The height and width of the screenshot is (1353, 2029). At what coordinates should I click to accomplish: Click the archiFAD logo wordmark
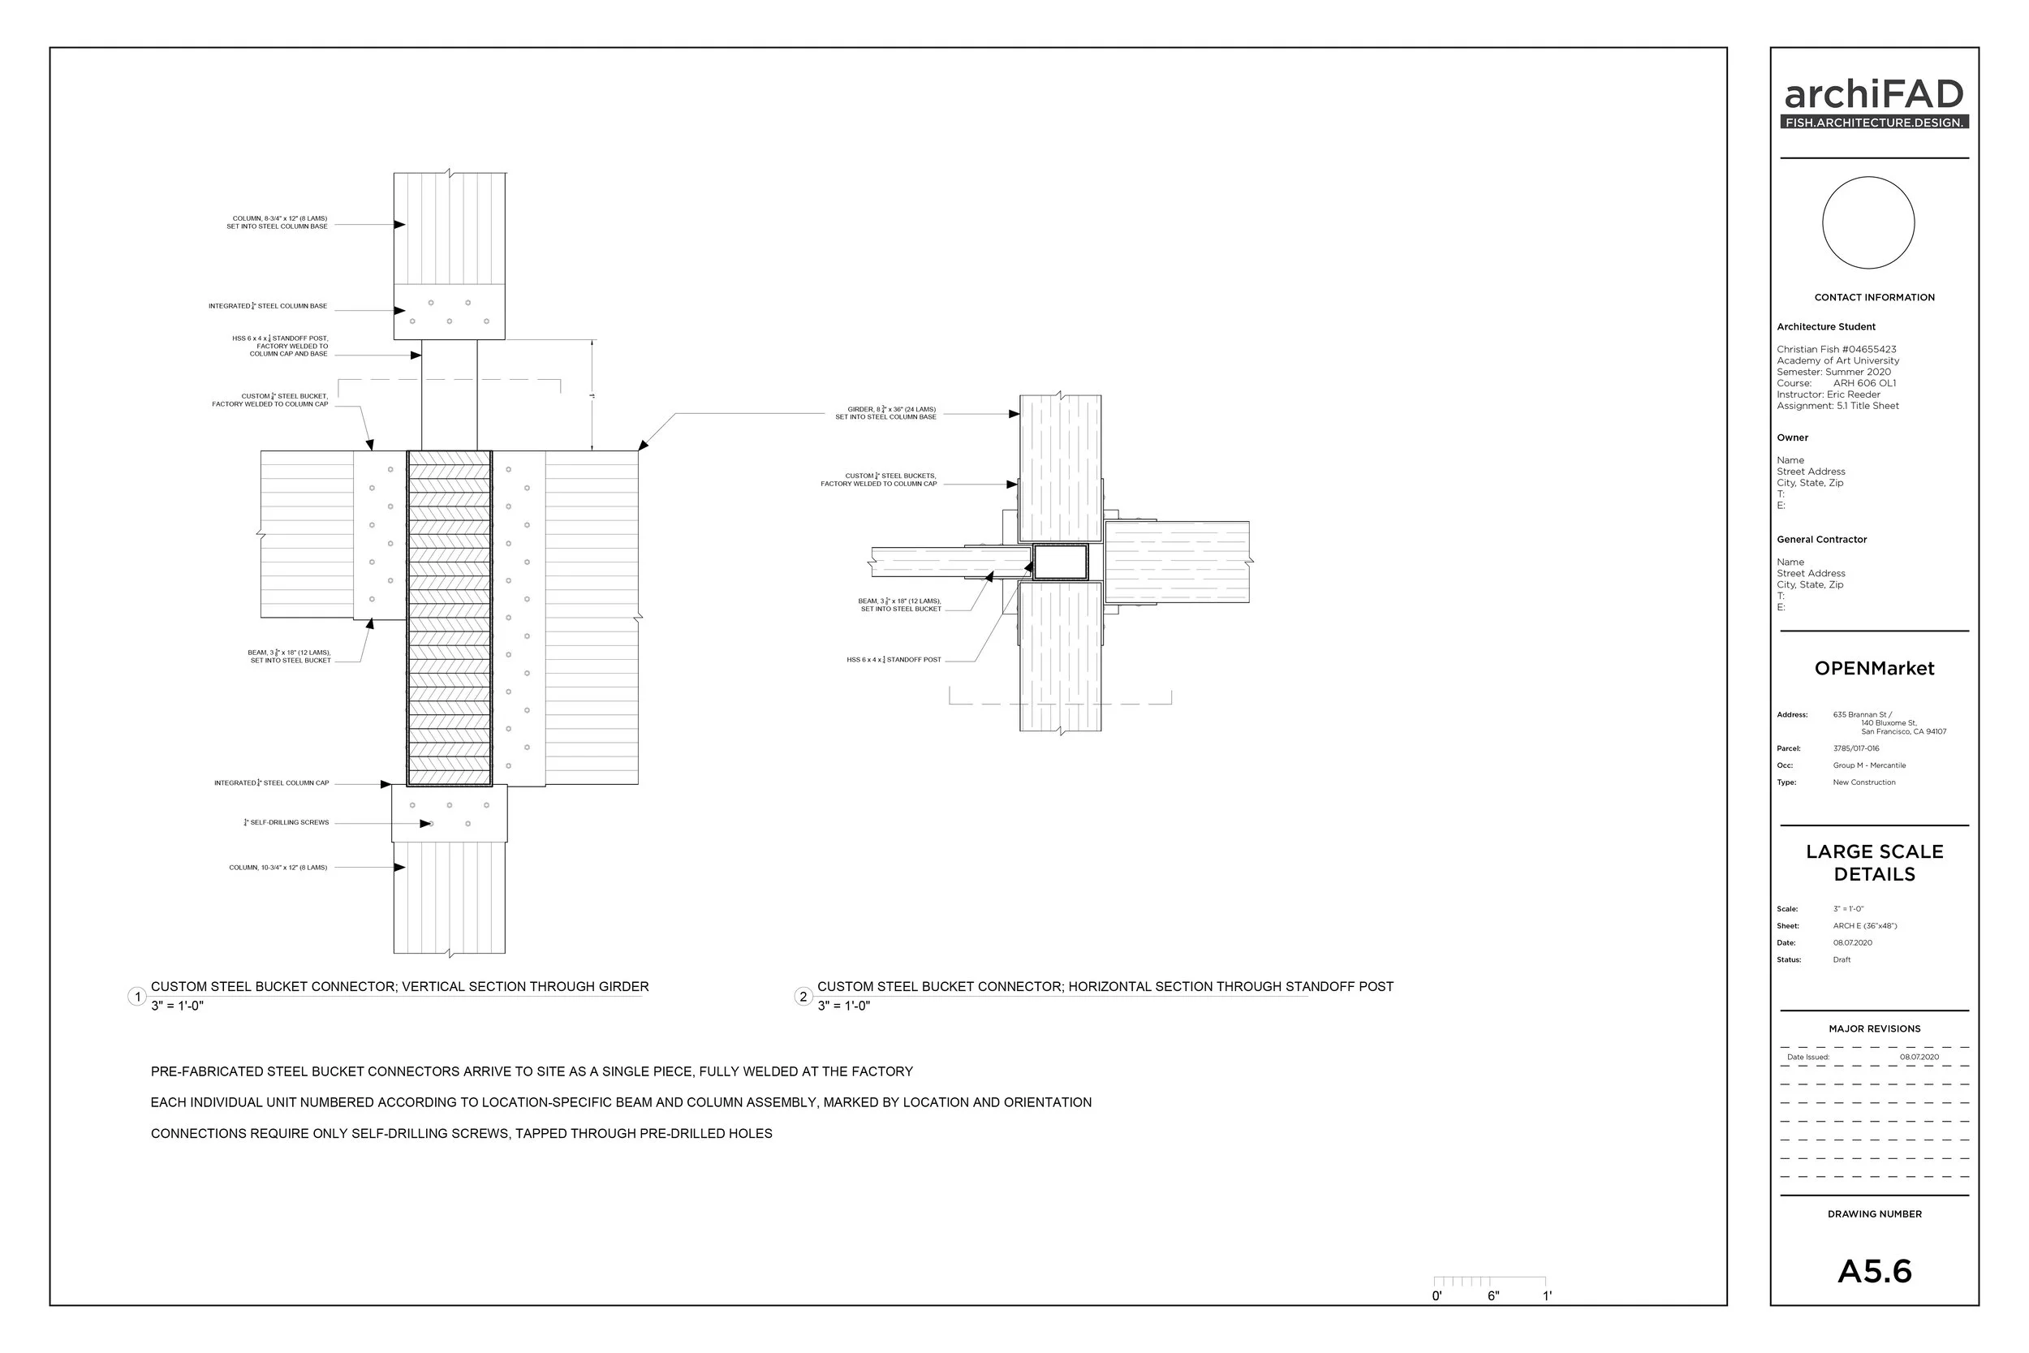coord(1874,95)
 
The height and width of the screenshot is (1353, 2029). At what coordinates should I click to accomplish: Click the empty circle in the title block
coord(1867,222)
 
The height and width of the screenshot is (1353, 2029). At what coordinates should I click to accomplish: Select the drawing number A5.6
coord(1874,1271)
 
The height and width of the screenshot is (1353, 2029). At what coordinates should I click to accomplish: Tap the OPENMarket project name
coord(1874,668)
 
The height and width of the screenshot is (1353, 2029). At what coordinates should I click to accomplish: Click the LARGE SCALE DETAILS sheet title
coord(1874,863)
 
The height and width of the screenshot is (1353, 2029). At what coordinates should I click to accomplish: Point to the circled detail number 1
coord(136,997)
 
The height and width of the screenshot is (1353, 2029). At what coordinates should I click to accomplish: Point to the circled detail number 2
coord(803,997)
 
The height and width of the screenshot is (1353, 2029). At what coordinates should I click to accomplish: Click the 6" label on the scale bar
coord(1493,1296)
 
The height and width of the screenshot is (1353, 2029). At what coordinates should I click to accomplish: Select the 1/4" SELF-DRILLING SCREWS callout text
coord(287,823)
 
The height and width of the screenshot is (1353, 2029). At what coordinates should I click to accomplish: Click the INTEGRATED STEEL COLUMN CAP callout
coord(272,783)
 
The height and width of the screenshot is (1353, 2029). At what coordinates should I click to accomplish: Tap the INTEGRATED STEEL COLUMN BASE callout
coord(268,306)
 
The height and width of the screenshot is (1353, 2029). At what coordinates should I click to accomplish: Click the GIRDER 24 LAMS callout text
coord(885,413)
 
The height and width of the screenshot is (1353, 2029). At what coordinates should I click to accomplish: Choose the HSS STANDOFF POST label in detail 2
coord(894,660)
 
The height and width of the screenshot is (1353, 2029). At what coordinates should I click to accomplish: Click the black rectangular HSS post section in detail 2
coord(1059,562)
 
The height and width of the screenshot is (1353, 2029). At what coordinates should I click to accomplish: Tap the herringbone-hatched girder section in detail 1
coord(449,617)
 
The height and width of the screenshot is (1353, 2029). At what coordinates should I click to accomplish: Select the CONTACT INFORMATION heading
coord(1874,298)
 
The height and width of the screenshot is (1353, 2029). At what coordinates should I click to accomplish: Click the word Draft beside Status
coord(1841,959)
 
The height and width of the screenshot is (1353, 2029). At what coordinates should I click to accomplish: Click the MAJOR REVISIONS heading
coord(1874,1028)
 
